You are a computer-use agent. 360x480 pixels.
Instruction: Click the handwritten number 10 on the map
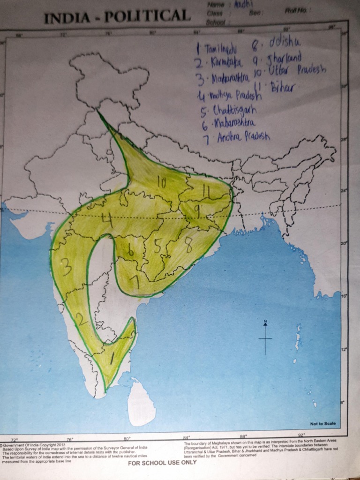[162, 183]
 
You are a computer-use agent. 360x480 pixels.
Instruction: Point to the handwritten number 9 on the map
[197, 212]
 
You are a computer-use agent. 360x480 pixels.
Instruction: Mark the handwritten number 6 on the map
[131, 251]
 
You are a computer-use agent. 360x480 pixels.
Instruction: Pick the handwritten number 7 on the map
[135, 281]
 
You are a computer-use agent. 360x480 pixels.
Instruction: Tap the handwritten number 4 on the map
[108, 218]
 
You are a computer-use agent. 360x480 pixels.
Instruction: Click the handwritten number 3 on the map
[67, 267]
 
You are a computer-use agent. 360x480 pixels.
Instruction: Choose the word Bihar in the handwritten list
[282, 87]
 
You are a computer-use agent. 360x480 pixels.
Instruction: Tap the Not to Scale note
[322, 424]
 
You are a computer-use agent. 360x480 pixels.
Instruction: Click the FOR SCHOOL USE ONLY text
[163, 462]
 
